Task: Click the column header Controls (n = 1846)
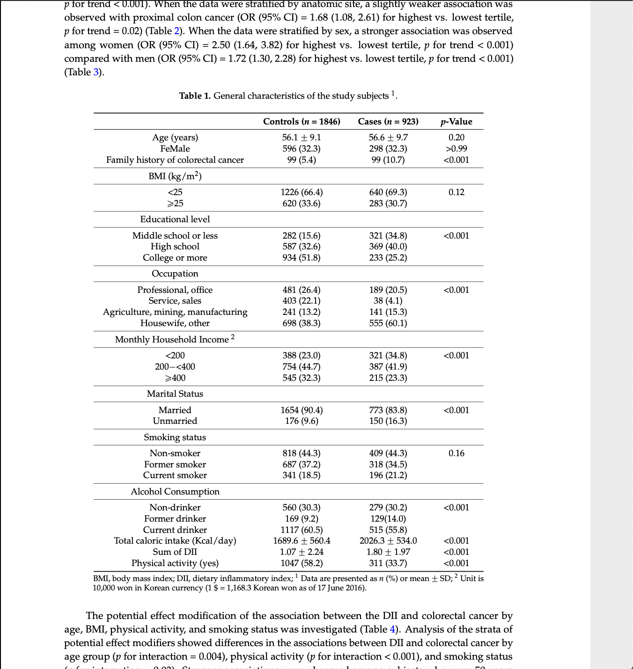[302, 122]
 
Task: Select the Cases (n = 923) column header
[388, 122]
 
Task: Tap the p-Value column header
[456, 122]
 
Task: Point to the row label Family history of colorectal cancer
[175, 160]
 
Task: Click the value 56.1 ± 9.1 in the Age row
[302, 138]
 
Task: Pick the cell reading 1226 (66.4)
[302, 192]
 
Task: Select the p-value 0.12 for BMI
[456, 192]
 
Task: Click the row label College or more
[175, 258]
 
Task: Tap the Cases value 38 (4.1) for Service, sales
[388, 301]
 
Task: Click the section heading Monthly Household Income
[172, 340]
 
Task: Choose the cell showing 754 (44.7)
[302, 367]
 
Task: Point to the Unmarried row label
[175, 421]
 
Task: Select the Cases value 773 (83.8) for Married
[388, 410]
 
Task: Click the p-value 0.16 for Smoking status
[456, 453]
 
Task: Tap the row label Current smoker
[175, 475]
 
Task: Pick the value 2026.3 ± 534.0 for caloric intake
[388, 541]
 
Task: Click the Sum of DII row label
[175, 552]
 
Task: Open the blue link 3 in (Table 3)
[96, 72]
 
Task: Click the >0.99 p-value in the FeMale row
[456, 149]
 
